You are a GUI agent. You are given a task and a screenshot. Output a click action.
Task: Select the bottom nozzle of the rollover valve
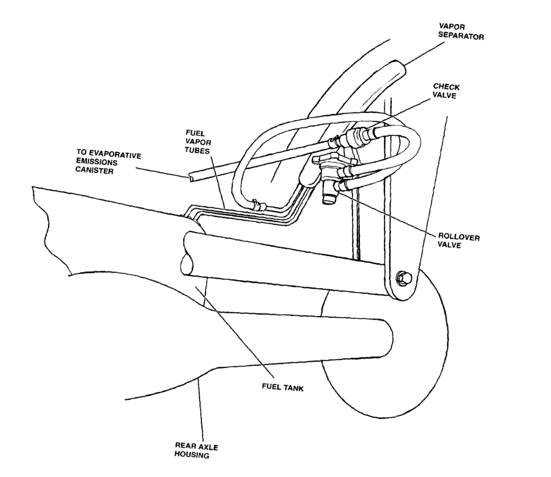tap(329, 198)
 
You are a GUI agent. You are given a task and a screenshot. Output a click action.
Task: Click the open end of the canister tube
tap(188, 179)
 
